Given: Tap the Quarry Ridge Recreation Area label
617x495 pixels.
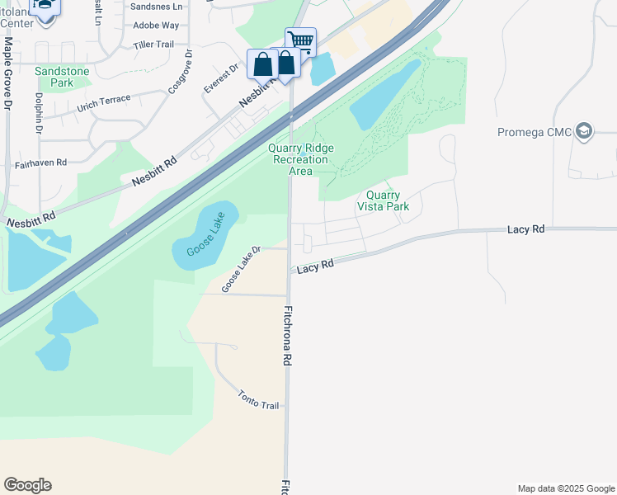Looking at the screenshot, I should (x=301, y=159).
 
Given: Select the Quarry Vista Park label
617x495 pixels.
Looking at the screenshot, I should (x=383, y=201).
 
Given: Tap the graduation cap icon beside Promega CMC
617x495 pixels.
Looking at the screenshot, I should (x=584, y=132).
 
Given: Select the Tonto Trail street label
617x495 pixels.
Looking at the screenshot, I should (x=259, y=400).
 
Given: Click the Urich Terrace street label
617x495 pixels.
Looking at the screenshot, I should (x=104, y=104).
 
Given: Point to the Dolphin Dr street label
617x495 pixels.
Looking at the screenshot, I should (x=39, y=112).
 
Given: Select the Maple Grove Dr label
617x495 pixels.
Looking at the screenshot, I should (x=7, y=73).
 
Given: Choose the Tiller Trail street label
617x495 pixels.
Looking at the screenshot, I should (x=154, y=45).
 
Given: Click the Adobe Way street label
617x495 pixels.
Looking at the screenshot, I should (x=156, y=26).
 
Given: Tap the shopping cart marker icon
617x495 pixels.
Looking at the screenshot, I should (x=300, y=40).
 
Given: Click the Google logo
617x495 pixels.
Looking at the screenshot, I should (x=27, y=485).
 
